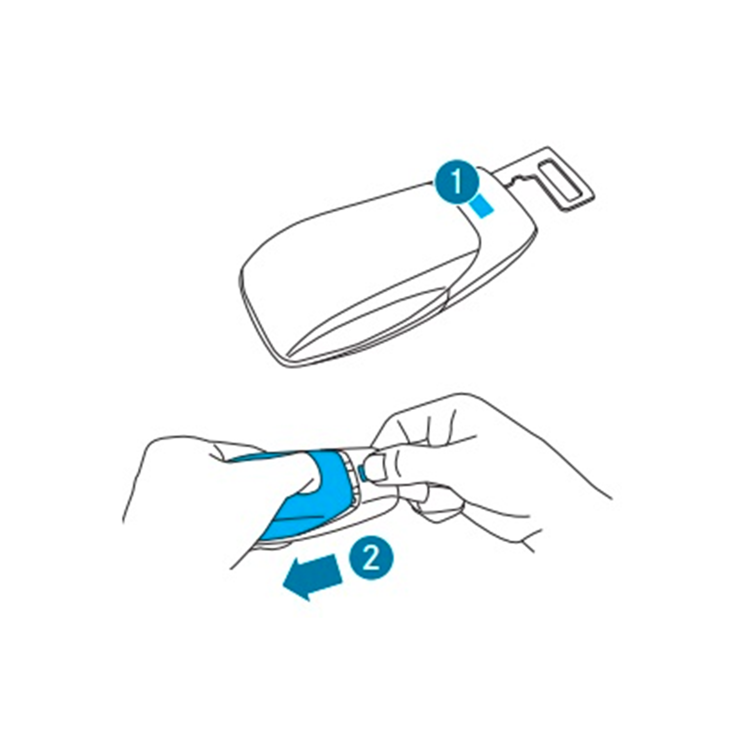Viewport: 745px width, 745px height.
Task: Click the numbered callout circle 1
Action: (457, 182)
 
